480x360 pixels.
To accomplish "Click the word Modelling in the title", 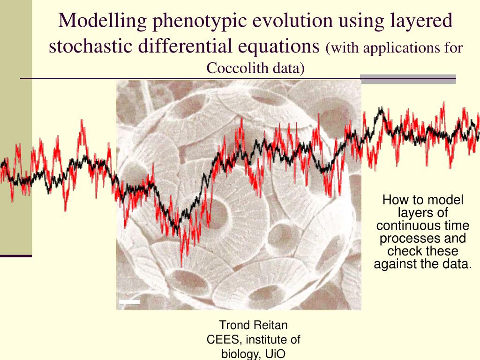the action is click(102, 21).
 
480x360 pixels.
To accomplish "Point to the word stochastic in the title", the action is click(90, 46).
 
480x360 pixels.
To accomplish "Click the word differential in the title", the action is click(185, 46).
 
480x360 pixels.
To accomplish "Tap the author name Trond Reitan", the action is click(254, 325).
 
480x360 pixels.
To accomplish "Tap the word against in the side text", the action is click(395, 264).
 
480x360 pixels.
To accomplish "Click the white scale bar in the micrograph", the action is click(129, 302).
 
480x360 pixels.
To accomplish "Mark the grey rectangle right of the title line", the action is click(408, 79).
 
